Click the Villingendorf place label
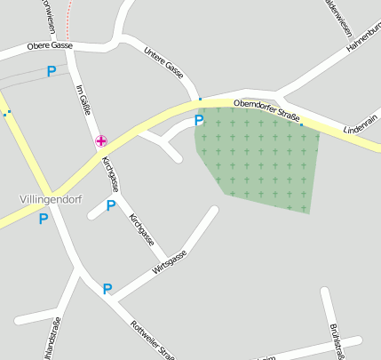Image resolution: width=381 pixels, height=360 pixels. tap(50, 199)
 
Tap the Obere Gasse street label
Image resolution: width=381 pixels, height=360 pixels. tap(50, 45)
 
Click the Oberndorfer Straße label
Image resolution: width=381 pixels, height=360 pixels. tap(266, 111)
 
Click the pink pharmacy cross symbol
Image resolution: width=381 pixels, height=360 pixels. tap(102, 140)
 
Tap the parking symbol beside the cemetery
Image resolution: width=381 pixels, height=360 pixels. tap(199, 120)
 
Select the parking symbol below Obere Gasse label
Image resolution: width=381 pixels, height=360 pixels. tap(52, 70)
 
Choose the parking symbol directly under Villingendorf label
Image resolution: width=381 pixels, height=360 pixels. tap(43, 218)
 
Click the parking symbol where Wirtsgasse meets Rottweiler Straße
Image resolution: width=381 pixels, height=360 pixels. tap(107, 288)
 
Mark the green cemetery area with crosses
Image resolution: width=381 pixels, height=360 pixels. tap(262, 160)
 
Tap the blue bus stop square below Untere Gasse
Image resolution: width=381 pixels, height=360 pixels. tap(201, 99)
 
